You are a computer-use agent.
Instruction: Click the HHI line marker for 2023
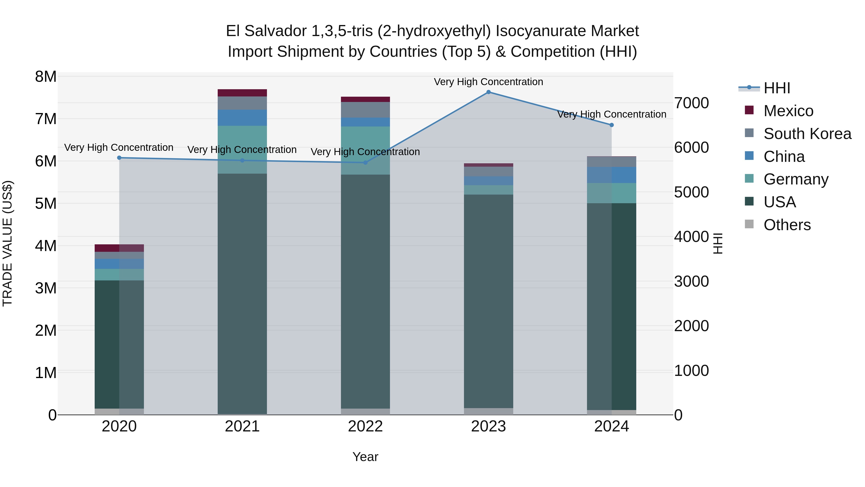[488, 92]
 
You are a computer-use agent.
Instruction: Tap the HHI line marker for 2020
[119, 158]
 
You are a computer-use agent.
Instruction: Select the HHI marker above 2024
[612, 125]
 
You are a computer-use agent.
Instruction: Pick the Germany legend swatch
[749, 179]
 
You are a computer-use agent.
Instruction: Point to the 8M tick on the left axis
[46, 77]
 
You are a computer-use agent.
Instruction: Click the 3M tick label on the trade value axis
[46, 288]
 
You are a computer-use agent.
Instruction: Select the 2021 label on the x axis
[242, 426]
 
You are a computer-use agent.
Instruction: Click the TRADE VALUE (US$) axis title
[8, 243]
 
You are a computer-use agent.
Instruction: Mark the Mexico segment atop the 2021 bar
[242, 93]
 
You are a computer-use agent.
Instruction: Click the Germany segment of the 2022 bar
[365, 150]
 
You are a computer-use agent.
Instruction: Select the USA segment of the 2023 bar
[488, 301]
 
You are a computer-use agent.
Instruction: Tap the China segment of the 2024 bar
[612, 175]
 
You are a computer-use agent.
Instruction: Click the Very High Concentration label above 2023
[488, 82]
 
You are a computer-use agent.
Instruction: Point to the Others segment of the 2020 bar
[119, 411]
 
